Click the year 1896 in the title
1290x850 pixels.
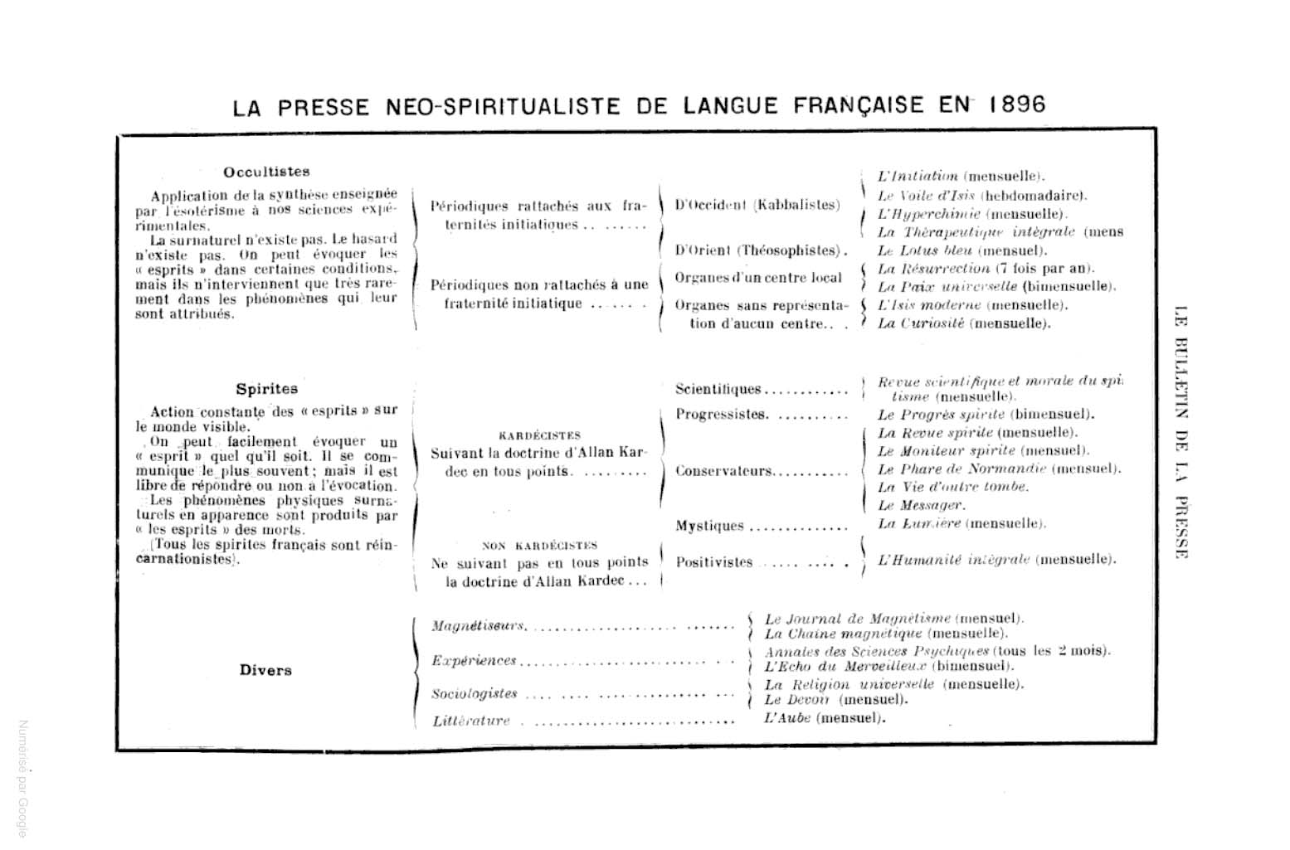[x=1017, y=105]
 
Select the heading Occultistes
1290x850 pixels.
[x=266, y=172]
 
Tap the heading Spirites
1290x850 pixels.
[x=266, y=389]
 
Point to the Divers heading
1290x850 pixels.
[x=265, y=671]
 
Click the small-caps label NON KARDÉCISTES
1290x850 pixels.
[x=539, y=546]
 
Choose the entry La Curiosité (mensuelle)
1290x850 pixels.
[x=964, y=323]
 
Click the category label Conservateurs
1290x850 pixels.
[x=723, y=471]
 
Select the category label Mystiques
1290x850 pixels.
[x=709, y=526]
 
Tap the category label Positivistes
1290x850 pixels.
[x=714, y=562]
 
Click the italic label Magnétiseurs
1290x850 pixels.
[x=479, y=625]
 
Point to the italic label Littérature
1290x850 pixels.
[x=471, y=721]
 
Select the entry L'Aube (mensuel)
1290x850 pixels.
[x=824, y=718]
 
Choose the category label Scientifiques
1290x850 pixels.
[x=718, y=389]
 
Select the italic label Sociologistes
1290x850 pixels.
[x=475, y=693]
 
